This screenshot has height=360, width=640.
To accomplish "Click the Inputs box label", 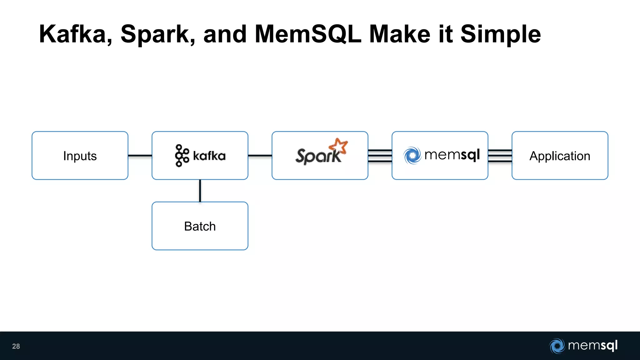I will [x=80, y=156].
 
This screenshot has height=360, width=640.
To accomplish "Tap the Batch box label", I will [x=200, y=226].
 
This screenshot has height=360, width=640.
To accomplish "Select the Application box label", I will [x=560, y=156].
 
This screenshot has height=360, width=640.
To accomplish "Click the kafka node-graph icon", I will [x=182, y=155].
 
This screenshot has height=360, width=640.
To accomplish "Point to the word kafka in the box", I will [x=209, y=156].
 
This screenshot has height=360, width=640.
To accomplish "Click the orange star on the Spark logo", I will [x=339, y=146].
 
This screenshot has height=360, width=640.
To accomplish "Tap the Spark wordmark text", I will [x=318, y=156].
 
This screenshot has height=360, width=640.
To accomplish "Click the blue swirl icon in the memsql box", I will [x=412, y=155].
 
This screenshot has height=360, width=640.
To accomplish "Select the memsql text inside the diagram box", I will [x=452, y=155].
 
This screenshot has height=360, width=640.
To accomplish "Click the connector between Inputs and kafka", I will [x=140, y=155].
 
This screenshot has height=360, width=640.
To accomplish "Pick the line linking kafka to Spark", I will [x=260, y=155].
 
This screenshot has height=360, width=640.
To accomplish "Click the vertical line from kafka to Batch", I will [x=200, y=191].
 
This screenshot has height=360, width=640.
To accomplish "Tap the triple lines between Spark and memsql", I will [x=380, y=156].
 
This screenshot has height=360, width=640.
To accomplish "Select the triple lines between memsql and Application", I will [x=500, y=156].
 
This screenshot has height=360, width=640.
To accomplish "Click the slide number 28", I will [x=16, y=346].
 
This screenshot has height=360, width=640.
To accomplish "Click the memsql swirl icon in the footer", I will [x=557, y=346].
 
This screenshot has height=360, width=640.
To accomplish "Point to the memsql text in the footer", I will [x=592, y=345].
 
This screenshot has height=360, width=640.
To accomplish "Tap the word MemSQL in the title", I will [x=308, y=34].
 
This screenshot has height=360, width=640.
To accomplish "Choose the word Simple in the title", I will [x=500, y=35].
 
